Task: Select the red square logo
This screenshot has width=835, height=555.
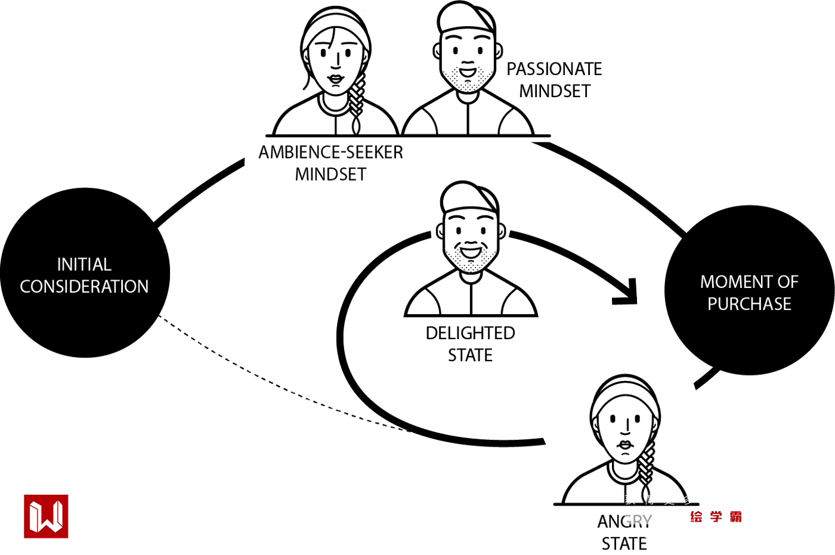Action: (46, 516)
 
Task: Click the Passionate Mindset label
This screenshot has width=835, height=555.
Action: (554, 80)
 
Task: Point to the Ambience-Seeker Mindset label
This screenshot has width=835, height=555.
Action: (330, 163)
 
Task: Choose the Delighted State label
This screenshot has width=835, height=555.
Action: (470, 344)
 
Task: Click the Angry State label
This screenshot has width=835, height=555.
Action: (624, 532)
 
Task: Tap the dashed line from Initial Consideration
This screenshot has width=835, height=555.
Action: (268, 382)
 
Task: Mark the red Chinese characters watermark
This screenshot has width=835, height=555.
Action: (716, 517)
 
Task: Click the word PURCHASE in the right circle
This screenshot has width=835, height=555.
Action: (749, 304)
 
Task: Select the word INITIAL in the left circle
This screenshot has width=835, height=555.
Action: (84, 264)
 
